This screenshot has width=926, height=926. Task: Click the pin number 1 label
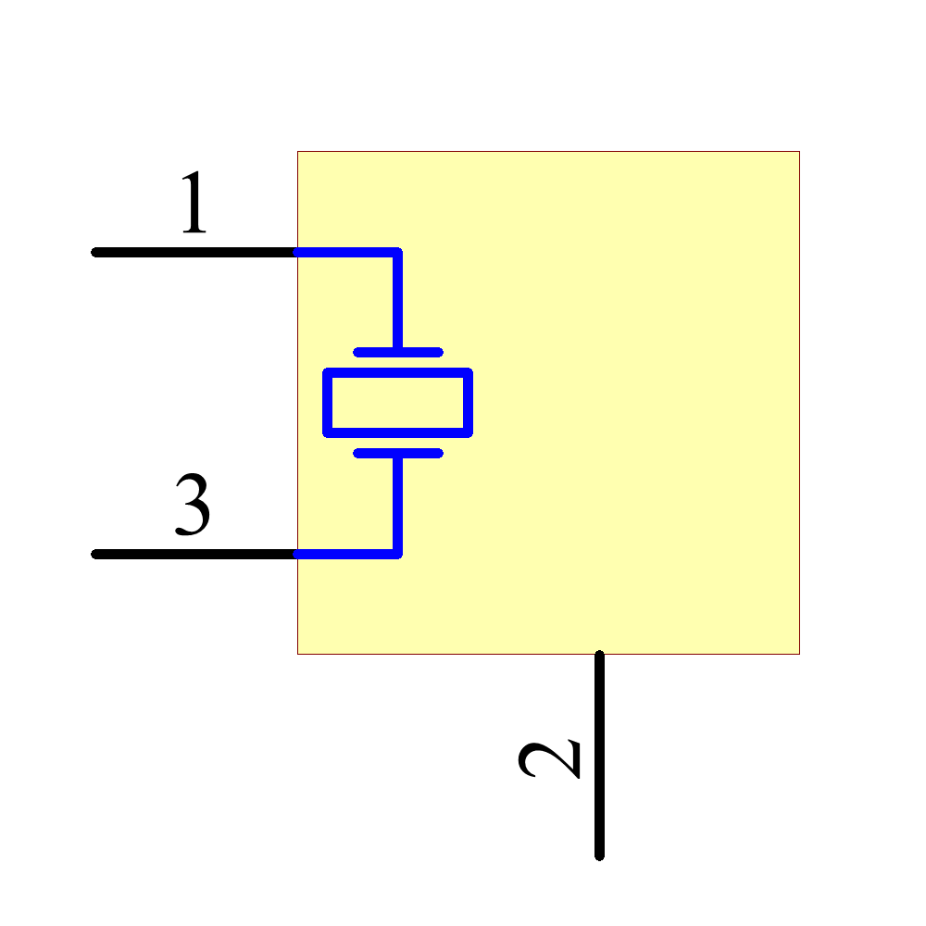[x=194, y=202]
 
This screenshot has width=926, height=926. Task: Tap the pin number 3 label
[x=193, y=505]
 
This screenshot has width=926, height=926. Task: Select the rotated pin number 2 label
[x=549, y=759]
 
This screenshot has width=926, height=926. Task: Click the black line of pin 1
[x=194, y=253]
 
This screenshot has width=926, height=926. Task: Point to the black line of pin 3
[x=194, y=554]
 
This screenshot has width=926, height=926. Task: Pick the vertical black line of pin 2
[x=599, y=756]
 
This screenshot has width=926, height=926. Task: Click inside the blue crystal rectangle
[x=397, y=403]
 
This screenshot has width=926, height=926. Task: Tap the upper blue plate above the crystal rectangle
[x=398, y=353]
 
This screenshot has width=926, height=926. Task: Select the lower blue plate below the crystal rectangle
[x=398, y=453]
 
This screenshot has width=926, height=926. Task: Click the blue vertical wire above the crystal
[x=398, y=303]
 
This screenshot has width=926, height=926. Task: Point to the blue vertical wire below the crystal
[x=398, y=504]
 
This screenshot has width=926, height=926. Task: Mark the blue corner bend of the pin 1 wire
[x=398, y=253]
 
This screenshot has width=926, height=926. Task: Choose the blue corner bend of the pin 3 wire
[x=398, y=554]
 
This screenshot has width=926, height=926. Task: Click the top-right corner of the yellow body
[x=800, y=151]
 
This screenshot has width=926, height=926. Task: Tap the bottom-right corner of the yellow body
[x=800, y=655]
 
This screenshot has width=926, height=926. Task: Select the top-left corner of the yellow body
[x=297, y=151]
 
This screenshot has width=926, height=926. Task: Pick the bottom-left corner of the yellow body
[x=297, y=655]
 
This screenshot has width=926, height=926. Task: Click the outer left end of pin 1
[x=94, y=253]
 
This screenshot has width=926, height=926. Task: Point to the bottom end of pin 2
[x=599, y=857]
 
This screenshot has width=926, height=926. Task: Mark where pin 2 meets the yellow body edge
[x=599, y=655]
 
